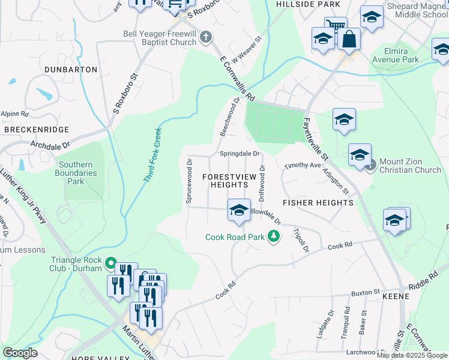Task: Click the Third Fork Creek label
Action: pos(152,155)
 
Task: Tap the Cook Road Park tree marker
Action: pos(274,236)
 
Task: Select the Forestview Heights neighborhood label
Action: pos(229,181)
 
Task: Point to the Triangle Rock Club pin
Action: pos(110,263)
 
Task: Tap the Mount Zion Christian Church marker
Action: pos(371,164)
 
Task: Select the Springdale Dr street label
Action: pos(239,154)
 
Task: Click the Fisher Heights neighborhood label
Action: pos(318,203)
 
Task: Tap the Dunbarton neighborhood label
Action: pos(71,70)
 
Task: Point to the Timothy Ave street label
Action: pos(303,164)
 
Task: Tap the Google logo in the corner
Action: pos(20,353)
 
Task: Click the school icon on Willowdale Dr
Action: pos(239,211)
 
